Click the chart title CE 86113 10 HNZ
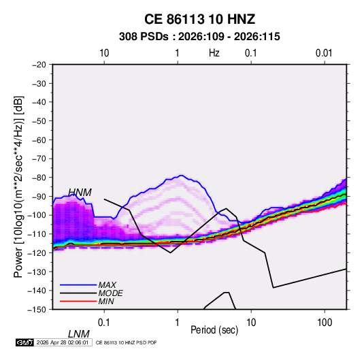tap(199, 19)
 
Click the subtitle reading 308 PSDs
tap(144, 37)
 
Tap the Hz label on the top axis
tap(214, 53)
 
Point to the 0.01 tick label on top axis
tap(324, 53)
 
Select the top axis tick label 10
tap(104, 53)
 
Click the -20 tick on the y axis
tap(39, 65)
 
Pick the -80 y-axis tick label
tap(39, 178)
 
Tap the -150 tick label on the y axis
tap(37, 310)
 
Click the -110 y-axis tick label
tap(37, 234)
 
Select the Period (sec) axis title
tap(214, 330)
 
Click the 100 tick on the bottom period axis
tap(325, 323)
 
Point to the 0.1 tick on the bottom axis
tap(103, 323)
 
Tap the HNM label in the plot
tap(80, 193)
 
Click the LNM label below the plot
tap(79, 334)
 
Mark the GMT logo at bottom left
tap(24, 342)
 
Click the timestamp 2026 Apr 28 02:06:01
tap(63, 342)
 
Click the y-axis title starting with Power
tap(18, 186)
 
